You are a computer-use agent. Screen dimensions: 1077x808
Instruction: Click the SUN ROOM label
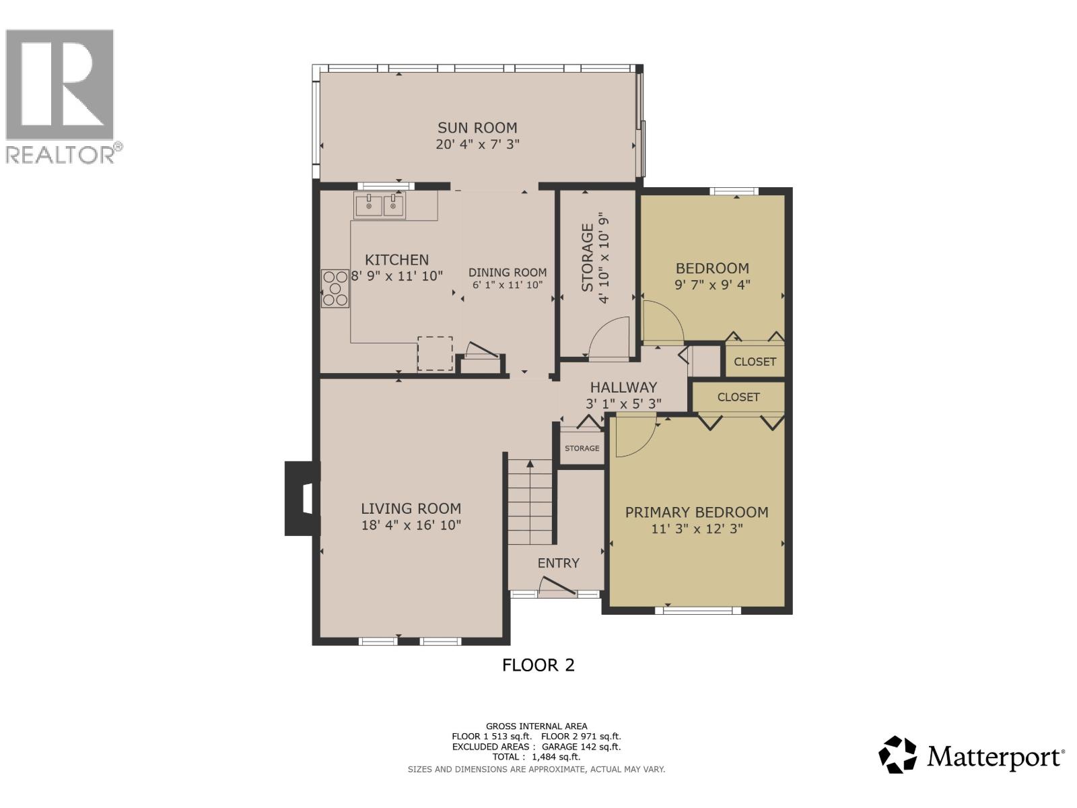(x=477, y=128)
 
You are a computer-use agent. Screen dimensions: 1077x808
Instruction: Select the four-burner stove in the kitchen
(x=335, y=289)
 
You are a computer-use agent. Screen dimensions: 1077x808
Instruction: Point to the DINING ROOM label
(x=508, y=272)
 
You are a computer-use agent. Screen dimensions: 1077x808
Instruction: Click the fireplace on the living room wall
(x=302, y=498)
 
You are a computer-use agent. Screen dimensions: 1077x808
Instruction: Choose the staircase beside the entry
(x=530, y=502)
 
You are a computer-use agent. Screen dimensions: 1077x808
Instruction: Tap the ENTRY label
(x=558, y=563)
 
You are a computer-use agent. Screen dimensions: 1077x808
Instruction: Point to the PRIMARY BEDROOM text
(x=697, y=512)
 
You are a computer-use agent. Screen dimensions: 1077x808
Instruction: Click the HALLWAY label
(x=623, y=388)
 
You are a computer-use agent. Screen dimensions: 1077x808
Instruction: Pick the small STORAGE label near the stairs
(x=582, y=448)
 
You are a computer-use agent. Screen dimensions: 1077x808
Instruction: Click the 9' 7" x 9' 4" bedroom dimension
(x=712, y=285)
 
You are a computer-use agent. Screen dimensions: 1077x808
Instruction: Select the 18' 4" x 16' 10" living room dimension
(x=411, y=525)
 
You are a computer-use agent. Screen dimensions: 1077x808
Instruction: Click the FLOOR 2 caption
(x=538, y=665)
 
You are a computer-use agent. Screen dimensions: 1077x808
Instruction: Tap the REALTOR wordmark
(x=59, y=154)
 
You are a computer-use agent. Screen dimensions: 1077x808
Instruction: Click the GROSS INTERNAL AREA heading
(x=536, y=726)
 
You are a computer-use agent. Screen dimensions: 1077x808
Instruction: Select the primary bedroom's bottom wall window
(x=697, y=610)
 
